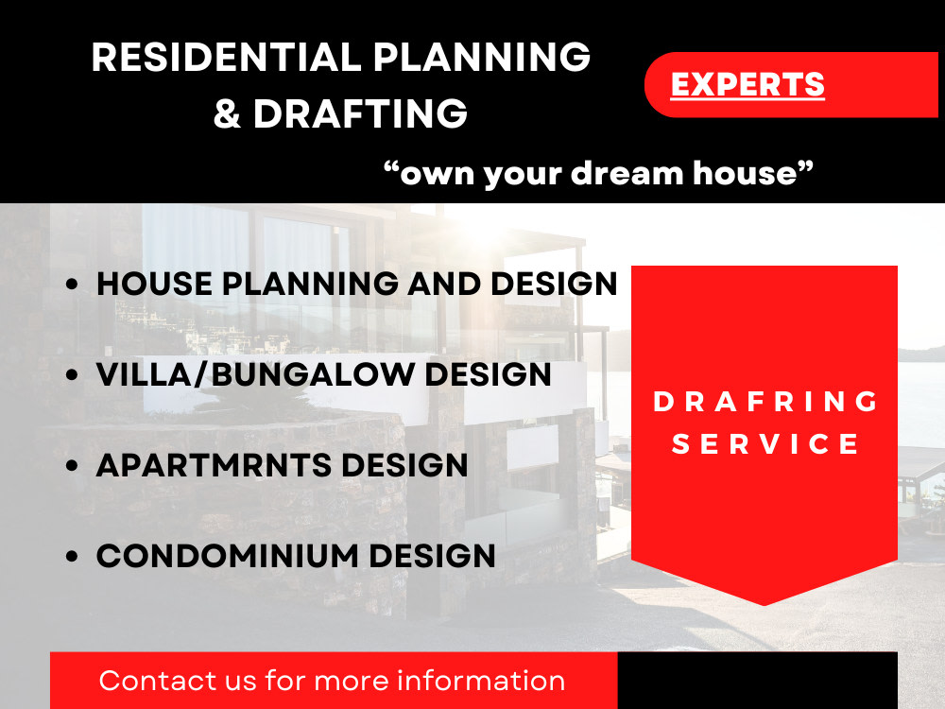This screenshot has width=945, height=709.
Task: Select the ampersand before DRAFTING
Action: tap(227, 114)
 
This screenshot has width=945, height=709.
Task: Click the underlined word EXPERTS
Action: tap(747, 85)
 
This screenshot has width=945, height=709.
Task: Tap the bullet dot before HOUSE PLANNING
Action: tap(72, 285)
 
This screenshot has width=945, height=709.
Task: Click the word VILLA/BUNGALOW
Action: tap(255, 374)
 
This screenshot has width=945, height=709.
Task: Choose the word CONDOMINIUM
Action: tap(228, 556)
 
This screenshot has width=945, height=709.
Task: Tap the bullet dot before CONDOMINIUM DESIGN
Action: tap(72, 557)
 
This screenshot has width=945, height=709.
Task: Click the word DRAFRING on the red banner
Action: tap(765, 402)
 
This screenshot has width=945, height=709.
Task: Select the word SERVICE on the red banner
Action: tap(765, 444)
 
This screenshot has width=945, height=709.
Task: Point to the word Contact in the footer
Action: tap(151, 681)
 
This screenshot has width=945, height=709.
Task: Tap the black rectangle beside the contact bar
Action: tap(757, 681)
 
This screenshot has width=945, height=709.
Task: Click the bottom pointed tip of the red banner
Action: tap(764, 603)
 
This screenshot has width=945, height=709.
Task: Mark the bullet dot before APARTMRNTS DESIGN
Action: tap(72, 466)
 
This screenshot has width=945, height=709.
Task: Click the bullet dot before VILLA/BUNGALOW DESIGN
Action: tap(72, 375)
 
